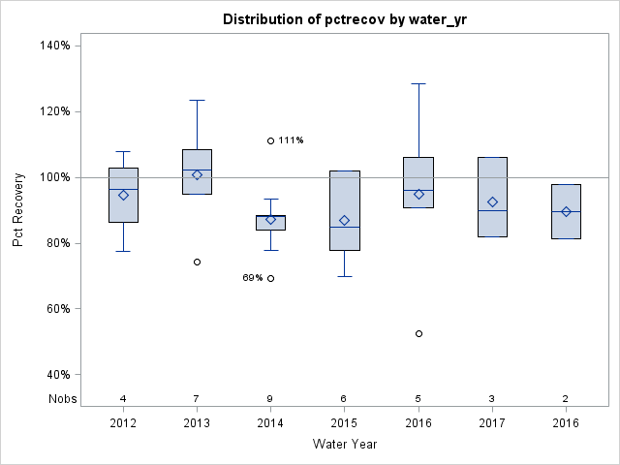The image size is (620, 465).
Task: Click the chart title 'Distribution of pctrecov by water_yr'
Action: [344, 19]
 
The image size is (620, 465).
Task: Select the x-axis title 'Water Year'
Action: [344, 445]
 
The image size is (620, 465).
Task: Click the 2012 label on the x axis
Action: [123, 423]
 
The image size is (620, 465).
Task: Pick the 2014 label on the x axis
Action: [270, 423]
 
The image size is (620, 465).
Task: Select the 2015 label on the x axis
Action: [344, 423]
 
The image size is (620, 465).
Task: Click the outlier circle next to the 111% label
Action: [270, 140]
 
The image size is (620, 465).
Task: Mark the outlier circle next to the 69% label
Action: [270, 278]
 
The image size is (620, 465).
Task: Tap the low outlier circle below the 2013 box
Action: [197, 262]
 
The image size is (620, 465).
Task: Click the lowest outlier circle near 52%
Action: [418, 333]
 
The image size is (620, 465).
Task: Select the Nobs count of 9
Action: [270, 398]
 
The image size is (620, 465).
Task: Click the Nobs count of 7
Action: [197, 398]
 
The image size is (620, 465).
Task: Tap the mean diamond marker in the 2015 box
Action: [344, 220]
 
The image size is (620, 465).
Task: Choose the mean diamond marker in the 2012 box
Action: [123, 195]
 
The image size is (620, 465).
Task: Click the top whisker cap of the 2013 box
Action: [197, 100]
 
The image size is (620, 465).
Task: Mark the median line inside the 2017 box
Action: [492, 210]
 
